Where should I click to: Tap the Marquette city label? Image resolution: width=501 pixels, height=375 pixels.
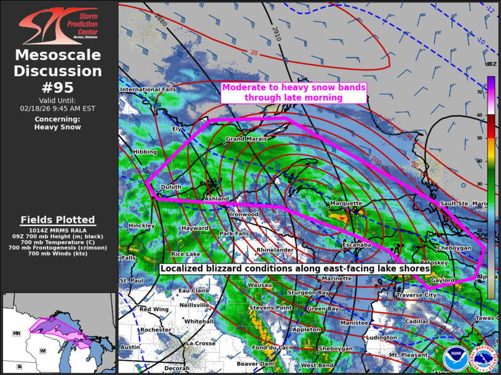pos(347,203)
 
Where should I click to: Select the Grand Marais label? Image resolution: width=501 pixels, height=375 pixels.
pos(247,139)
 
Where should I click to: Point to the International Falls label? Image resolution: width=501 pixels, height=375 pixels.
pos(148,90)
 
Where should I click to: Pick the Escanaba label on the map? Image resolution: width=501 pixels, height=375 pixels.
pos(357,245)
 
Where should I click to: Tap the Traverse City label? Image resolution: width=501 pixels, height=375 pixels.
pos(416,295)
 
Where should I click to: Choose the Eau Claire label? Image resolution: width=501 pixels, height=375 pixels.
pos(194,290)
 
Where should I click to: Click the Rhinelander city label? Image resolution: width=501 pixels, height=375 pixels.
pos(274,250)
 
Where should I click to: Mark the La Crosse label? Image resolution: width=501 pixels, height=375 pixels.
pos(202,343)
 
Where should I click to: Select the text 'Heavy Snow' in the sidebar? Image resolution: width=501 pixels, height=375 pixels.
pos(58,127)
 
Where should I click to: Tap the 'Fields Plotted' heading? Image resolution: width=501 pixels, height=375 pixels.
pos(58,220)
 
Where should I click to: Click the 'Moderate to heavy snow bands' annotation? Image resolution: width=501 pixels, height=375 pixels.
pos(294,93)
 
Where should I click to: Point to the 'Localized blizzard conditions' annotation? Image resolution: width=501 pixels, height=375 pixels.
pos(294,269)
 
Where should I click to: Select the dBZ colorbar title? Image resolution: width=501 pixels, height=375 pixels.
pos(491,64)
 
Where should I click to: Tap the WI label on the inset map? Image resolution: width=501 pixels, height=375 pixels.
pos(43,350)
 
